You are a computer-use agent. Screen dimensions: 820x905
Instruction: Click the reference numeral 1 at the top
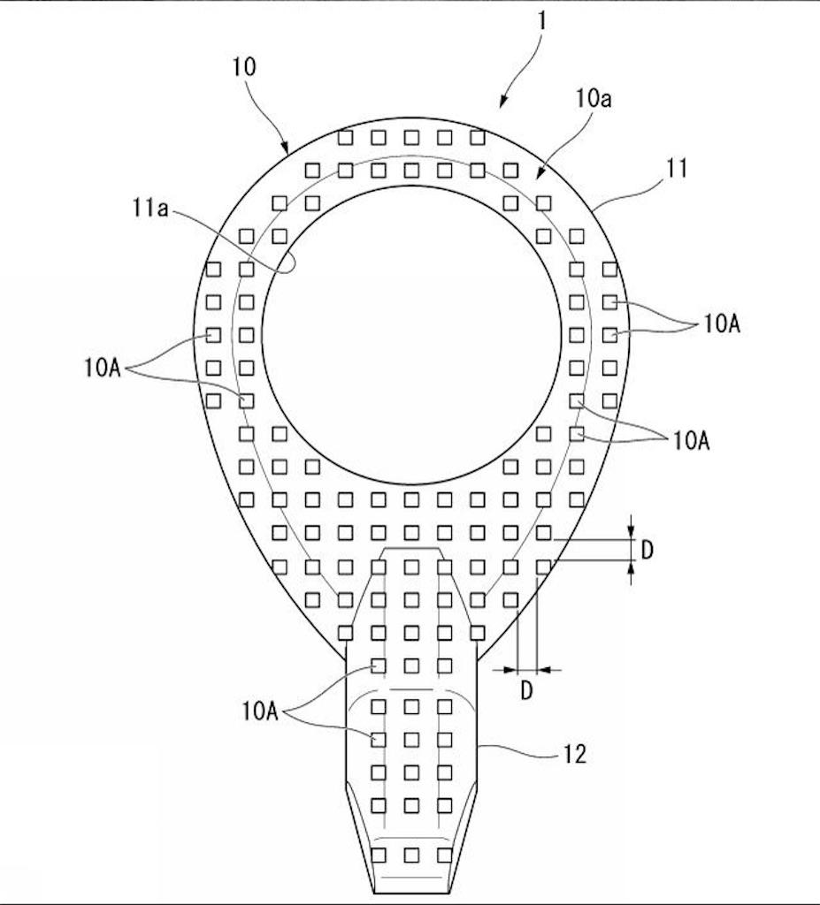[x=541, y=21]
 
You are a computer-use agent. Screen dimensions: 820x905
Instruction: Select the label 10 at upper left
[x=244, y=67]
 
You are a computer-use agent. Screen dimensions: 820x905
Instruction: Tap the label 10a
[x=593, y=99]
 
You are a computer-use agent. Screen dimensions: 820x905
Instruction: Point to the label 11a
[x=151, y=208]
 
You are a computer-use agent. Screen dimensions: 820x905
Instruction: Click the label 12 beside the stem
[x=574, y=754]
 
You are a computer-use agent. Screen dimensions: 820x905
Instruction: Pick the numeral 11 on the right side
[x=678, y=169]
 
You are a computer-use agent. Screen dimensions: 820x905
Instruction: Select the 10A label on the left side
[x=103, y=367]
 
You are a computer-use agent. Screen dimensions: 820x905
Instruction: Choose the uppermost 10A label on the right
[x=722, y=323]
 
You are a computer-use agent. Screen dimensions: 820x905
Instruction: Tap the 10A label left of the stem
[x=260, y=711]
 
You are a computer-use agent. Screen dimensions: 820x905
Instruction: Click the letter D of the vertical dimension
[x=648, y=551]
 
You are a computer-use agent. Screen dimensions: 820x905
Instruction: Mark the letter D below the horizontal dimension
[x=525, y=690]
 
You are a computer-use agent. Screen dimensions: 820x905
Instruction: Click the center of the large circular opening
[x=411, y=335]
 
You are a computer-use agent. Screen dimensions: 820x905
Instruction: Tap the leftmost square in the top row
[x=346, y=137]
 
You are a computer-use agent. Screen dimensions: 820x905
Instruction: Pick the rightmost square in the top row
[x=478, y=137]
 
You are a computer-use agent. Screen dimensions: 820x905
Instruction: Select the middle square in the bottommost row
[x=411, y=855]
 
